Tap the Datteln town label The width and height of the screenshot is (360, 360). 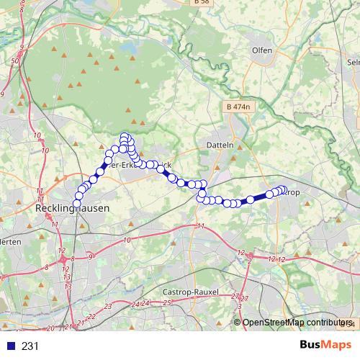pos(221,144)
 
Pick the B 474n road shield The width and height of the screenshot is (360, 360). pos(237,107)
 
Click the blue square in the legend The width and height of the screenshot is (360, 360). pos(11,346)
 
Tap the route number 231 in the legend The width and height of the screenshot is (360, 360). pos(30,346)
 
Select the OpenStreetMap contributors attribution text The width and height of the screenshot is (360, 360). pos(295,323)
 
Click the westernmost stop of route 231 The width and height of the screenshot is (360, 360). pos(76,204)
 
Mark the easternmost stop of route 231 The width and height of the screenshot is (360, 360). pos(284,189)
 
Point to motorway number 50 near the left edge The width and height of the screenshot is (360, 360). pos(15,63)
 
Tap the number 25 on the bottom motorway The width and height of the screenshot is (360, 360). pos(166,303)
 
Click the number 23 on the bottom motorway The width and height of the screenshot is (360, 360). pos(109,307)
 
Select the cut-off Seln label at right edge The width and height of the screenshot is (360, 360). pos(353,63)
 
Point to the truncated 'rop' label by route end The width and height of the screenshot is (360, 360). pos(292,193)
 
